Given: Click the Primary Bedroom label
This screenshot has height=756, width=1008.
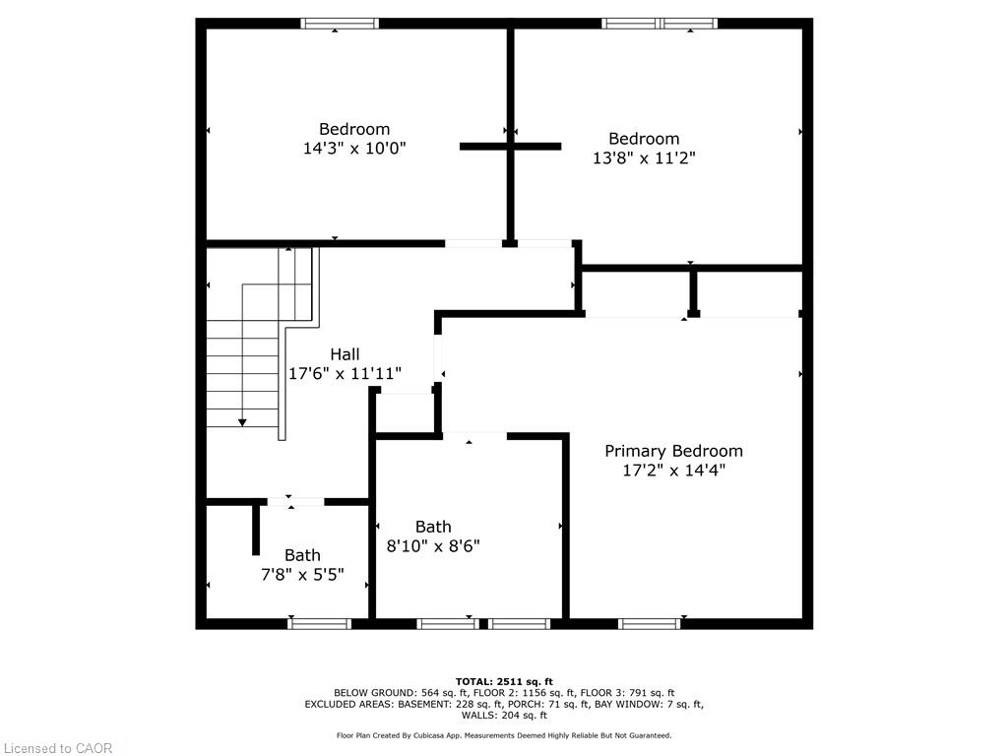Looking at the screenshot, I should [673, 451].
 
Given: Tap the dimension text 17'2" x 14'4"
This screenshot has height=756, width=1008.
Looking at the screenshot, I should [673, 471].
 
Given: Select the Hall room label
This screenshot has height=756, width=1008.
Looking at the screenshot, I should [345, 354].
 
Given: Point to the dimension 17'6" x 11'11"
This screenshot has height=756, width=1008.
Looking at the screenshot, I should [345, 374].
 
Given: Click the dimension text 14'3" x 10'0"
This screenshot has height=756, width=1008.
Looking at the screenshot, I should [354, 148].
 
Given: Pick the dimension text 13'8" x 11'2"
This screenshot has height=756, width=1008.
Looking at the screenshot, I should [644, 157].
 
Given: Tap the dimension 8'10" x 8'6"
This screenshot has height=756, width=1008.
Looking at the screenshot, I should [433, 546].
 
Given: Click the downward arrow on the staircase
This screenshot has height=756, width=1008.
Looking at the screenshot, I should [242, 421].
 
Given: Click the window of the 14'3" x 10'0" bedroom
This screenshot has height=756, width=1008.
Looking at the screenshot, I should [340, 24].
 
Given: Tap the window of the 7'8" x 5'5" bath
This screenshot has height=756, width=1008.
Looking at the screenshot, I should [320, 623].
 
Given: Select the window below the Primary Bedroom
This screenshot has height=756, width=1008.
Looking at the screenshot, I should [650, 623].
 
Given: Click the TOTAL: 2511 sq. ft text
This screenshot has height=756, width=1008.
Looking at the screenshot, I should [504, 681].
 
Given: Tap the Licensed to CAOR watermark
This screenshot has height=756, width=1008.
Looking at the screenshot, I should [57, 748].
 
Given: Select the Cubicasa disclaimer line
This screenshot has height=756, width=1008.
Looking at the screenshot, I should [504, 735].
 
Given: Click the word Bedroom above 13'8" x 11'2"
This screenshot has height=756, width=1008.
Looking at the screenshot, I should [644, 139].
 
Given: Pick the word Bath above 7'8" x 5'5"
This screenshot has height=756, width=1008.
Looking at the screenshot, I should [302, 555].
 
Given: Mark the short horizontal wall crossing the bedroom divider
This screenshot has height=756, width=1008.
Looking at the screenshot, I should [510, 147].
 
